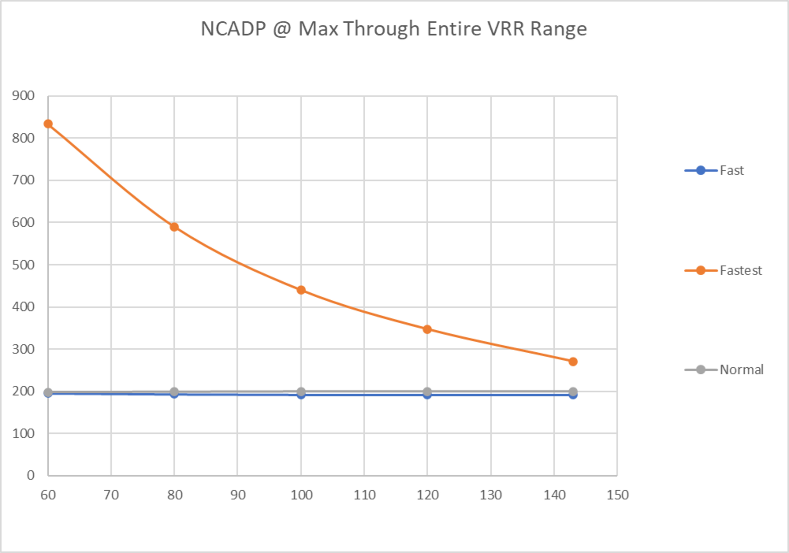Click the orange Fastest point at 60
coord(48,124)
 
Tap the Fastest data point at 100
coord(301,290)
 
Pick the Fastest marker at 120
coord(427,329)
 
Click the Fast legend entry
coord(731,170)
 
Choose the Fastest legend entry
coord(741,271)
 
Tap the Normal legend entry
coord(741,370)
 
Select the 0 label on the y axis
coord(31,475)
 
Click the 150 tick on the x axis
coord(617,495)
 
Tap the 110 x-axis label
coord(365,495)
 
